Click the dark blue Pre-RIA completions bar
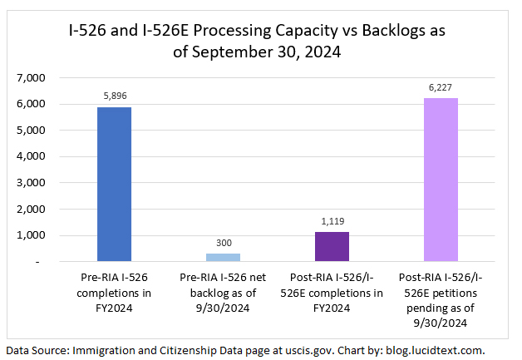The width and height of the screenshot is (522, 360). click(x=115, y=185)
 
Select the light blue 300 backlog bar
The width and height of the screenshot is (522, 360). click(x=224, y=257)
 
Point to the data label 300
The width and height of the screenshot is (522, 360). click(x=224, y=242)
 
